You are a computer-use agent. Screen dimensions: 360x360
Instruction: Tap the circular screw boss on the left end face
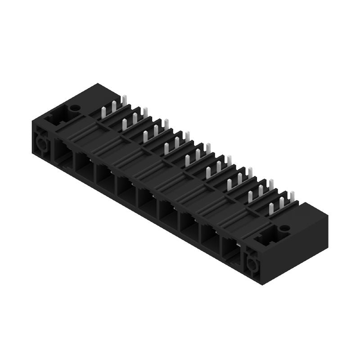41,145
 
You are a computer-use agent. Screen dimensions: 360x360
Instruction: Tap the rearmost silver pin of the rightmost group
293,198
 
